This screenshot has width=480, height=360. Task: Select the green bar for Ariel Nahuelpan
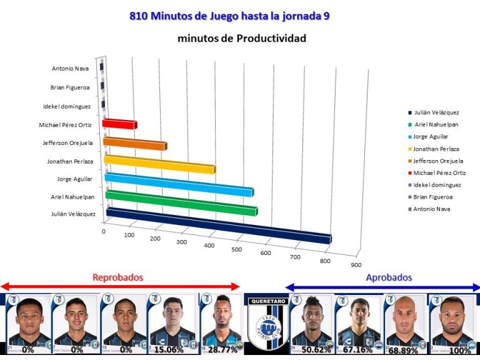[x=181, y=203]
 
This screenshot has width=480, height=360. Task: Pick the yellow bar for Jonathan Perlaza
[x=159, y=164]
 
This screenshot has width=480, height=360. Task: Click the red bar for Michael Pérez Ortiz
[x=119, y=124]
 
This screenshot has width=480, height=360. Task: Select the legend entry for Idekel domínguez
[x=437, y=185]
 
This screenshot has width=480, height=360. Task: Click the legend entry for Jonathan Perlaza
[x=436, y=149]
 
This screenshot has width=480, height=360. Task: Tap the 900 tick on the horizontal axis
[x=356, y=265]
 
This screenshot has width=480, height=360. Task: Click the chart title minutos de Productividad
[x=241, y=39]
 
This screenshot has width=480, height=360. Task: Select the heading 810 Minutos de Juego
[x=229, y=16]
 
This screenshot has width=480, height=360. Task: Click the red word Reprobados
[x=118, y=277]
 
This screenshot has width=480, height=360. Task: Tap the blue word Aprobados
[x=389, y=277]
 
